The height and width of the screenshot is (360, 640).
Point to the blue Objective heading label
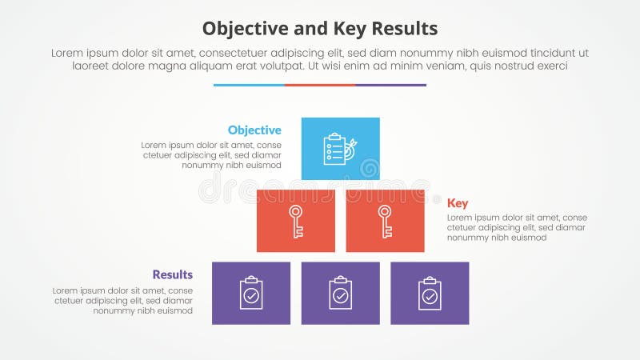point(254,130)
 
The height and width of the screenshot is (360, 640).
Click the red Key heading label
point(458,203)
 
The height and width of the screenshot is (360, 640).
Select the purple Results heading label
point(174,275)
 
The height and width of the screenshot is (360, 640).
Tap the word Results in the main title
point(404,29)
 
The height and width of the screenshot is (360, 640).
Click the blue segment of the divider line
point(249,85)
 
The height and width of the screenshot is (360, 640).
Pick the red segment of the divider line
point(320,85)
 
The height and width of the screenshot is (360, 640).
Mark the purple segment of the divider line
point(390,85)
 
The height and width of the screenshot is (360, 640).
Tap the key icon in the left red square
point(296,221)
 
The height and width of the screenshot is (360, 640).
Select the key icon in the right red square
point(385,221)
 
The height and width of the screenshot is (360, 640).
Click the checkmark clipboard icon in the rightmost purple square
point(430,294)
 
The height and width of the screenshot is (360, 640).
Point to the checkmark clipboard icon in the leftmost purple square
point(251,294)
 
